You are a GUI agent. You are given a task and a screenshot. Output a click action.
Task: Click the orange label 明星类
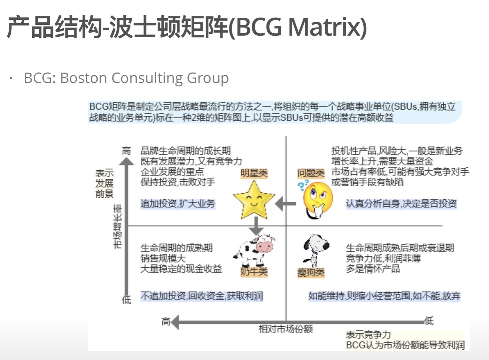tap(254, 173)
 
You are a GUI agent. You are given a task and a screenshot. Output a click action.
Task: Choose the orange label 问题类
tap(311, 173)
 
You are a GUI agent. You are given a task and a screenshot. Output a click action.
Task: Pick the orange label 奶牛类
tap(254, 272)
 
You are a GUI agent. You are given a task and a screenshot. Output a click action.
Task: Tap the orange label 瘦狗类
tap(311, 273)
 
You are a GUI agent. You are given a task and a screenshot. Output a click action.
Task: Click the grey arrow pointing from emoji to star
tap(286, 204)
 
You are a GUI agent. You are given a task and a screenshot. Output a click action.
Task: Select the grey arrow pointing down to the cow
tap(256, 226)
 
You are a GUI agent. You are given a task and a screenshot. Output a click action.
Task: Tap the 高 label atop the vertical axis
tap(126, 151)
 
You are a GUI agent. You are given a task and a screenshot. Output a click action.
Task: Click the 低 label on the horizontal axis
tap(429, 321)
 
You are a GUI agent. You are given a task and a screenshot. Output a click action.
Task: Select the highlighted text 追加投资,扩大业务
tap(178, 204)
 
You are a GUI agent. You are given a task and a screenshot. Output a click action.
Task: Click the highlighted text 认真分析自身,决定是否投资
tap(401, 204)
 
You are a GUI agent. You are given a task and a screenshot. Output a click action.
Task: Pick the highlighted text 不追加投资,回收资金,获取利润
tap(202, 296)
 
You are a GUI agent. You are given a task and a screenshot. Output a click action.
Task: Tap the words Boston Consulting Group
tap(144, 78)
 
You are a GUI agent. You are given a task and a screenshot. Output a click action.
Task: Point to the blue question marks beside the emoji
tap(303, 185)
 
